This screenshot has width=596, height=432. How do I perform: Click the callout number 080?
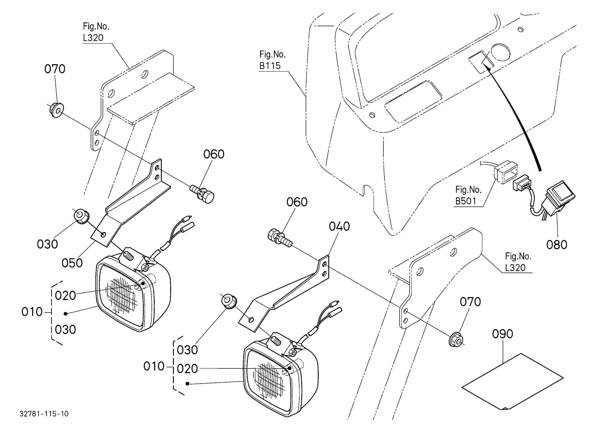pyautogui.click(x=557, y=245)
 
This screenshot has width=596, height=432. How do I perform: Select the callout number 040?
pyautogui.click(x=339, y=226)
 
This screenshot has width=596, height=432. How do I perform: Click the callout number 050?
pyautogui.click(x=72, y=263)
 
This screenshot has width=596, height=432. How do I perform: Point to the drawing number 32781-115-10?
pyautogui.click(x=44, y=414)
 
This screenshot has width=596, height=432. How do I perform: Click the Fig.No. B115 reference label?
pyautogui.click(x=272, y=60)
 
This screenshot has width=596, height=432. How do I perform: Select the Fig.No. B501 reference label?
pyautogui.click(x=468, y=195)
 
